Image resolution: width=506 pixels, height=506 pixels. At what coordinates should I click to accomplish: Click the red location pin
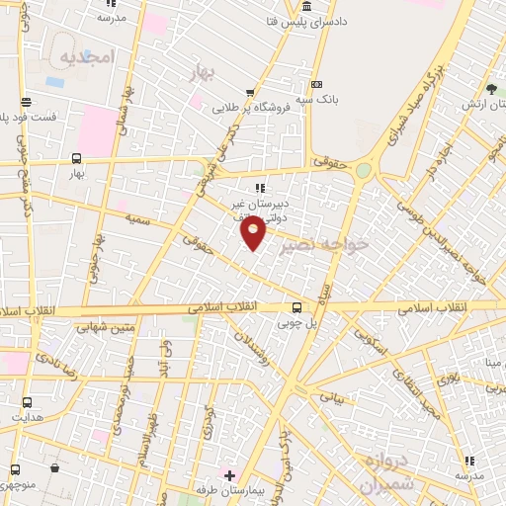click(254, 232)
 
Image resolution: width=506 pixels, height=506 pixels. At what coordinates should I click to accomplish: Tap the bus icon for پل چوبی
click(297, 307)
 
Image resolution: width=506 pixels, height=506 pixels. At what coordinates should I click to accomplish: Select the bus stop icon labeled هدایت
click(27, 402)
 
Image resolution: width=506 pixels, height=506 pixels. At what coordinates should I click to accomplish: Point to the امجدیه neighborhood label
click(88, 57)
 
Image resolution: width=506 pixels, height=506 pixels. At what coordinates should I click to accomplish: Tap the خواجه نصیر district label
click(324, 242)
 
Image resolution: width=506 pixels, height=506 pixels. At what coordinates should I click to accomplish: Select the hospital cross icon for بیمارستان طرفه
click(230, 475)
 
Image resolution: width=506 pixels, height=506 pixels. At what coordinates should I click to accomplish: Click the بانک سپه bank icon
click(315, 85)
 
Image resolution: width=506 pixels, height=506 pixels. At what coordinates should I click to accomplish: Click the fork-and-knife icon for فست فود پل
click(25, 102)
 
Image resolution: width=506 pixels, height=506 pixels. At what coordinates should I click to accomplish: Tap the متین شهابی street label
click(104, 324)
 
